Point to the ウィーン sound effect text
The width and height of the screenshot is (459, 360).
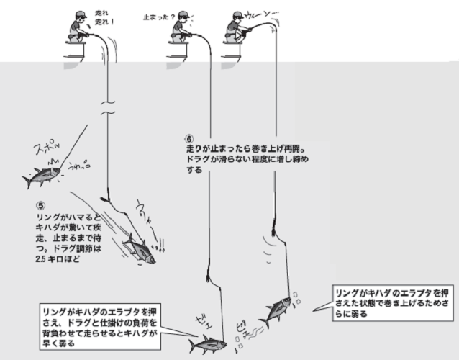tap(256, 15)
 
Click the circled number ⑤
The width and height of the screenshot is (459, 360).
tap(41, 203)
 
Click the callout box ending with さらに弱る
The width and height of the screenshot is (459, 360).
tap(395, 301)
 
